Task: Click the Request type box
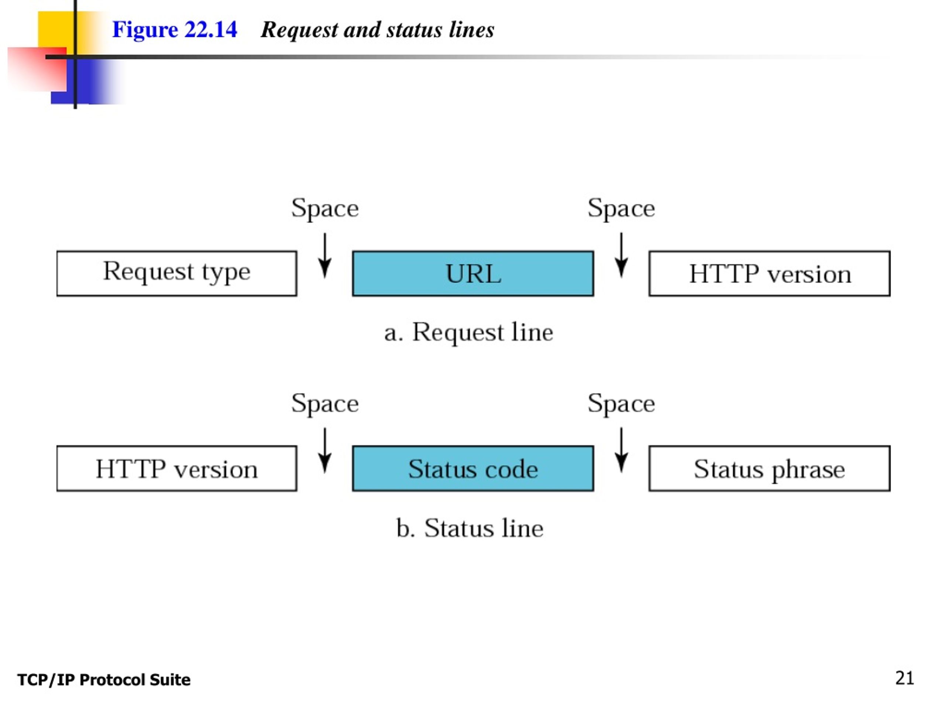176,274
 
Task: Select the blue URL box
473,274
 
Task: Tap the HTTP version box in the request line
769,274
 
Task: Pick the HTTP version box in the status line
176,468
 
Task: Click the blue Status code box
473,468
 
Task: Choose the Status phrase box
769,468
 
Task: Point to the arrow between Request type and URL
325,256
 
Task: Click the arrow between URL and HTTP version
621,256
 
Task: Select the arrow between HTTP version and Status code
325,451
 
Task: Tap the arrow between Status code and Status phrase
621,451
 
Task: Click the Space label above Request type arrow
325,209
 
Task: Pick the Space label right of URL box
621,209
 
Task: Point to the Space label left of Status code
325,404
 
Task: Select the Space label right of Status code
621,404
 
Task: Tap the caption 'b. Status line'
470,528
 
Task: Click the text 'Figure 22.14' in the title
174,30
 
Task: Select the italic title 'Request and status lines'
377,30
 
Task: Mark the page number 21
904,678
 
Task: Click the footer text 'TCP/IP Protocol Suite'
104,680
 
